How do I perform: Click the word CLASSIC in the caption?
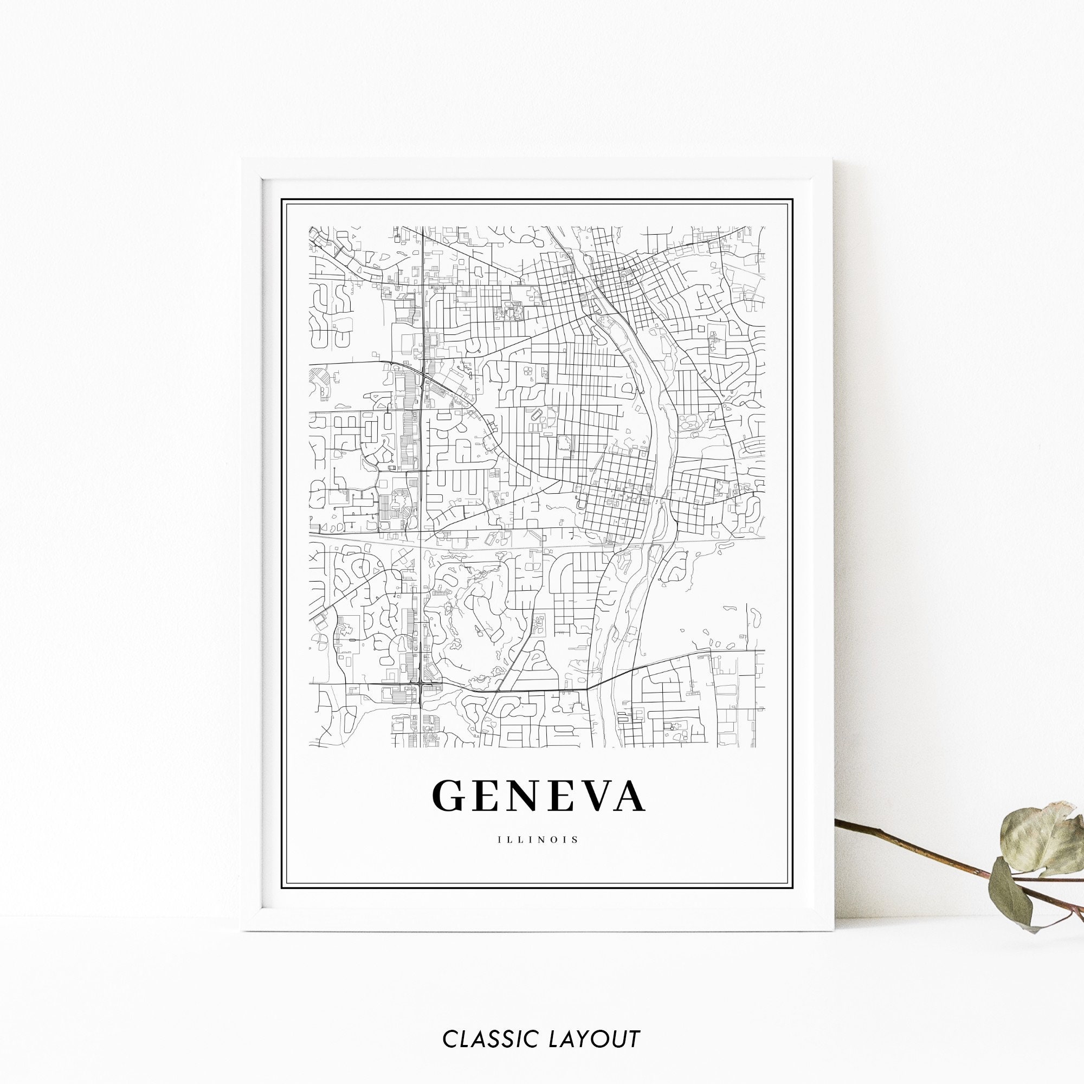[485, 1039]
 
